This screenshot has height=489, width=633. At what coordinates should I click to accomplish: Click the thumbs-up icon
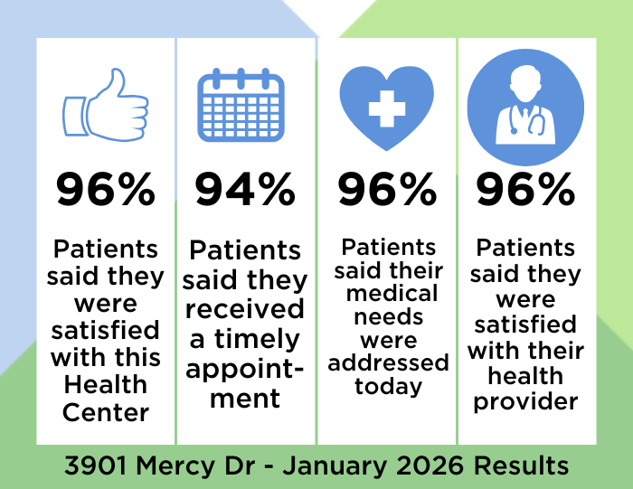(x=105, y=106)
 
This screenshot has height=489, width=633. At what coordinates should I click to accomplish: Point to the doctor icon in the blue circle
(x=526, y=101)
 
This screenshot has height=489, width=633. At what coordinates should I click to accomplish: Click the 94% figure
(x=246, y=191)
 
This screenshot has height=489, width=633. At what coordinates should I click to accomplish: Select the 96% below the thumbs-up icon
(x=105, y=191)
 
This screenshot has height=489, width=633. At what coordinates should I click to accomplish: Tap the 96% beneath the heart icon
(x=386, y=191)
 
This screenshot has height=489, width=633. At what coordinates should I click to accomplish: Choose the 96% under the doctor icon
(x=526, y=191)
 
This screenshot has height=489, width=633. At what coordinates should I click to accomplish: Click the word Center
(x=106, y=412)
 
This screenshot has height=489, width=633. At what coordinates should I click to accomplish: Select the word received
(x=246, y=310)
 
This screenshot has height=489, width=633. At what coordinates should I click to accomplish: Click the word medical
(x=388, y=293)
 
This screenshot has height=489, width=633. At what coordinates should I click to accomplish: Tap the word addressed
(x=388, y=362)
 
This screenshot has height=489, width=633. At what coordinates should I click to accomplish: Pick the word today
(x=388, y=387)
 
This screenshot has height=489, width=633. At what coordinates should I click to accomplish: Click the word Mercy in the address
(x=182, y=465)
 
